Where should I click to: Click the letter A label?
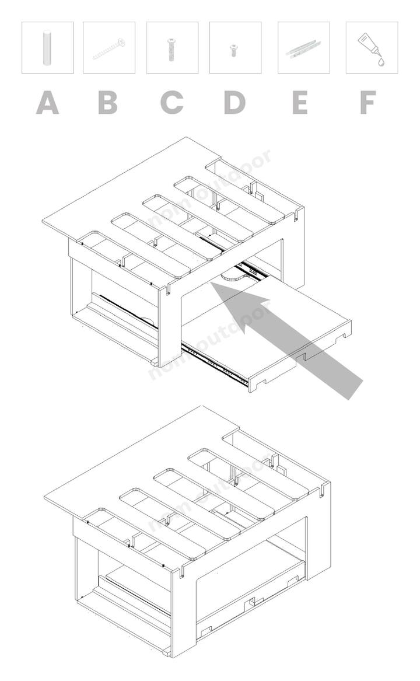pos(47,103)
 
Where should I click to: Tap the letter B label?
pos(108,103)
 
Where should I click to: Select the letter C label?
pos(171,103)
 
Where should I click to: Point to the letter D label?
pos(235,103)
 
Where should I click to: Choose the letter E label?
pos(300,103)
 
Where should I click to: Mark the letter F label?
pos(368,103)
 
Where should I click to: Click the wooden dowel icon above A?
pos(47,47)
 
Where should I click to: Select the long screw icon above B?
pos(108,48)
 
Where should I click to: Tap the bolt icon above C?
pos(172,48)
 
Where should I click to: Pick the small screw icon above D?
pos(234,50)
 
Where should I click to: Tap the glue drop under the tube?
pos(381,62)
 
